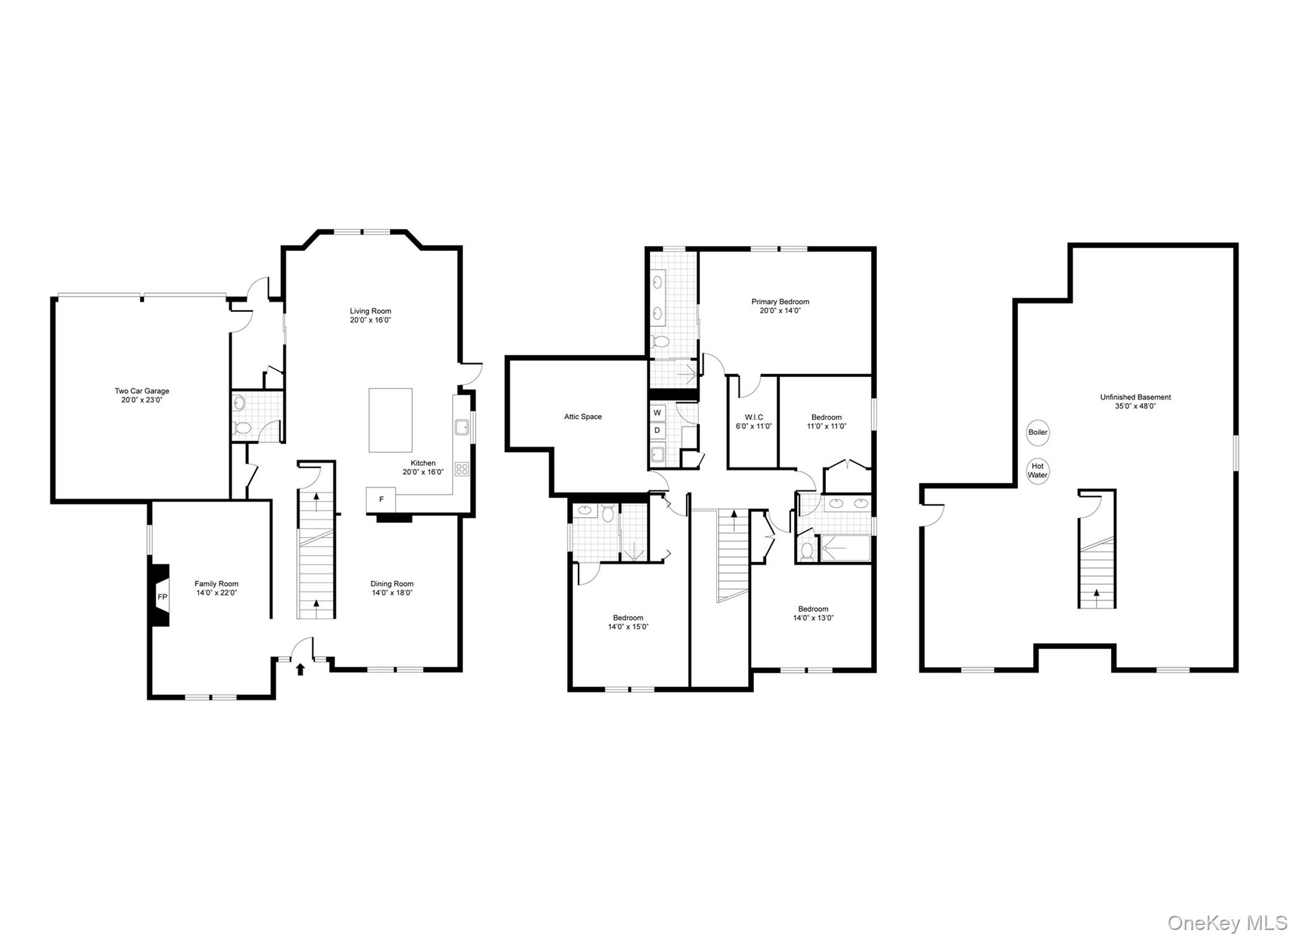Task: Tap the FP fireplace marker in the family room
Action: (x=162, y=597)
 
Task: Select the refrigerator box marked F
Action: (x=381, y=499)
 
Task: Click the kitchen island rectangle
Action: (x=390, y=420)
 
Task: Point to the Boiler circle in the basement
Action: (x=1038, y=432)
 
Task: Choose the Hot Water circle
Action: (x=1038, y=470)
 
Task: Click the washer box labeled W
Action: (x=657, y=413)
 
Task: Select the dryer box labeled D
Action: (x=657, y=431)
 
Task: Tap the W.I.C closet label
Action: (x=754, y=417)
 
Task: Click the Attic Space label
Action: (x=583, y=417)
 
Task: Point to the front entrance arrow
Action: (x=300, y=669)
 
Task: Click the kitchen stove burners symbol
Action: (x=462, y=468)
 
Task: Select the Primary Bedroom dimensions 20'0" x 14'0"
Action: (x=780, y=311)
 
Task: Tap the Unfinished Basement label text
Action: (x=1135, y=398)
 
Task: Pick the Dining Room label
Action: (x=392, y=584)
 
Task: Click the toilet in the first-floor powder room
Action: (x=242, y=428)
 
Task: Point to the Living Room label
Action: (x=371, y=311)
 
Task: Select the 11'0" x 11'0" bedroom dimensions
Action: (x=826, y=426)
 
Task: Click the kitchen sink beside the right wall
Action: (x=461, y=427)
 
